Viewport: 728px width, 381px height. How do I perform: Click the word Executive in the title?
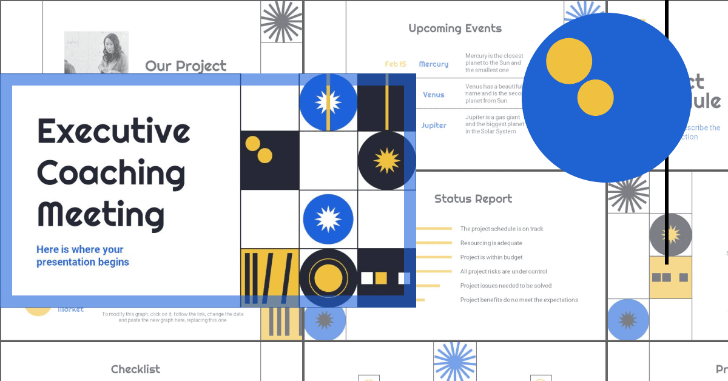point(114,131)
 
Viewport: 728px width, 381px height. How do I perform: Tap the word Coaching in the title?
point(111,173)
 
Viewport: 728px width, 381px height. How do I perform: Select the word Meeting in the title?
point(101,215)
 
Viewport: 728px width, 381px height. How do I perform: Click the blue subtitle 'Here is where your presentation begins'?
point(83,256)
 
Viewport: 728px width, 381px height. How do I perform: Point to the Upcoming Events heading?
point(455,29)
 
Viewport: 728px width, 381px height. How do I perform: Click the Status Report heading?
point(473,199)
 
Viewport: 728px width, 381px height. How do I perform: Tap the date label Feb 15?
point(396,64)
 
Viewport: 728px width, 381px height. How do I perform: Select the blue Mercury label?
point(434,64)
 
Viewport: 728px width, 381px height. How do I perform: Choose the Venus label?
point(434,95)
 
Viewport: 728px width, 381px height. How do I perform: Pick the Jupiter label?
point(434,126)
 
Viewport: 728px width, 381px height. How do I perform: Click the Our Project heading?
point(186,66)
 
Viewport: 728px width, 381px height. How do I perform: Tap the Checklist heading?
point(136,369)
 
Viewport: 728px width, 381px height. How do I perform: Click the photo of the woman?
point(96,52)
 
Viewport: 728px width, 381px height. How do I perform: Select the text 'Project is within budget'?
point(491,257)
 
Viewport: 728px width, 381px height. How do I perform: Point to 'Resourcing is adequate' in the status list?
point(491,243)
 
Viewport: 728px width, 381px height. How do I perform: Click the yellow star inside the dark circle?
point(386,161)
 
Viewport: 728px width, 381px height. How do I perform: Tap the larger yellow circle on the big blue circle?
point(568,61)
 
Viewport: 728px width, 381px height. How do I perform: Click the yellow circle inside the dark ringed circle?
point(328,277)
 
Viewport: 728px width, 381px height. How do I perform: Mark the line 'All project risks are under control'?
point(504,271)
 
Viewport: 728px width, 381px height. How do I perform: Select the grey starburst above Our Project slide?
point(281,22)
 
